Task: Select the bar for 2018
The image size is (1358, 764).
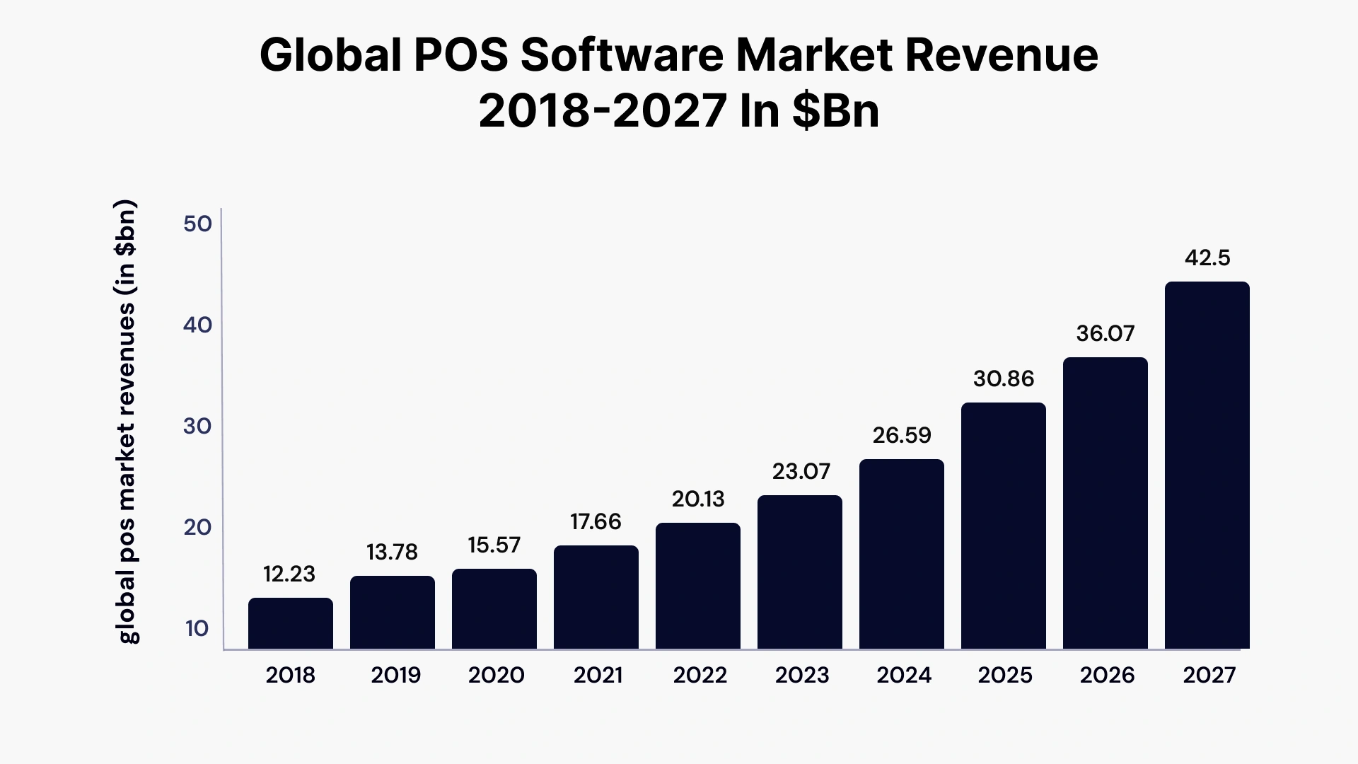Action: [290, 623]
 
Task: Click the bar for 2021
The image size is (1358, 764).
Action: [596, 597]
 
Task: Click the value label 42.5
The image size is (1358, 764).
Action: [1207, 258]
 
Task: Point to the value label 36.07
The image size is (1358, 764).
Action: [1105, 333]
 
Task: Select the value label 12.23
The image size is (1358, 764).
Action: [289, 574]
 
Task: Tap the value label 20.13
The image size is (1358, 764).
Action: [698, 499]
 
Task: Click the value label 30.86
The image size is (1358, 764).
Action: [1004, 379]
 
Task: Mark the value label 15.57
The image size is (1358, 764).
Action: [494, 545]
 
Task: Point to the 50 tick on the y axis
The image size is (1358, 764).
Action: [197, 224]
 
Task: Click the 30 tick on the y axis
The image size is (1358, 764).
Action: [197, 426]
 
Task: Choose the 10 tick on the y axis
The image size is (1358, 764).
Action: [197, 628]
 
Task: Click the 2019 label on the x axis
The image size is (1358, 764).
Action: [395, 675]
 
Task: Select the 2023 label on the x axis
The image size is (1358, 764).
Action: [801, 675]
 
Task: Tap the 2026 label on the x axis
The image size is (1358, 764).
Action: [1107, 675]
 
